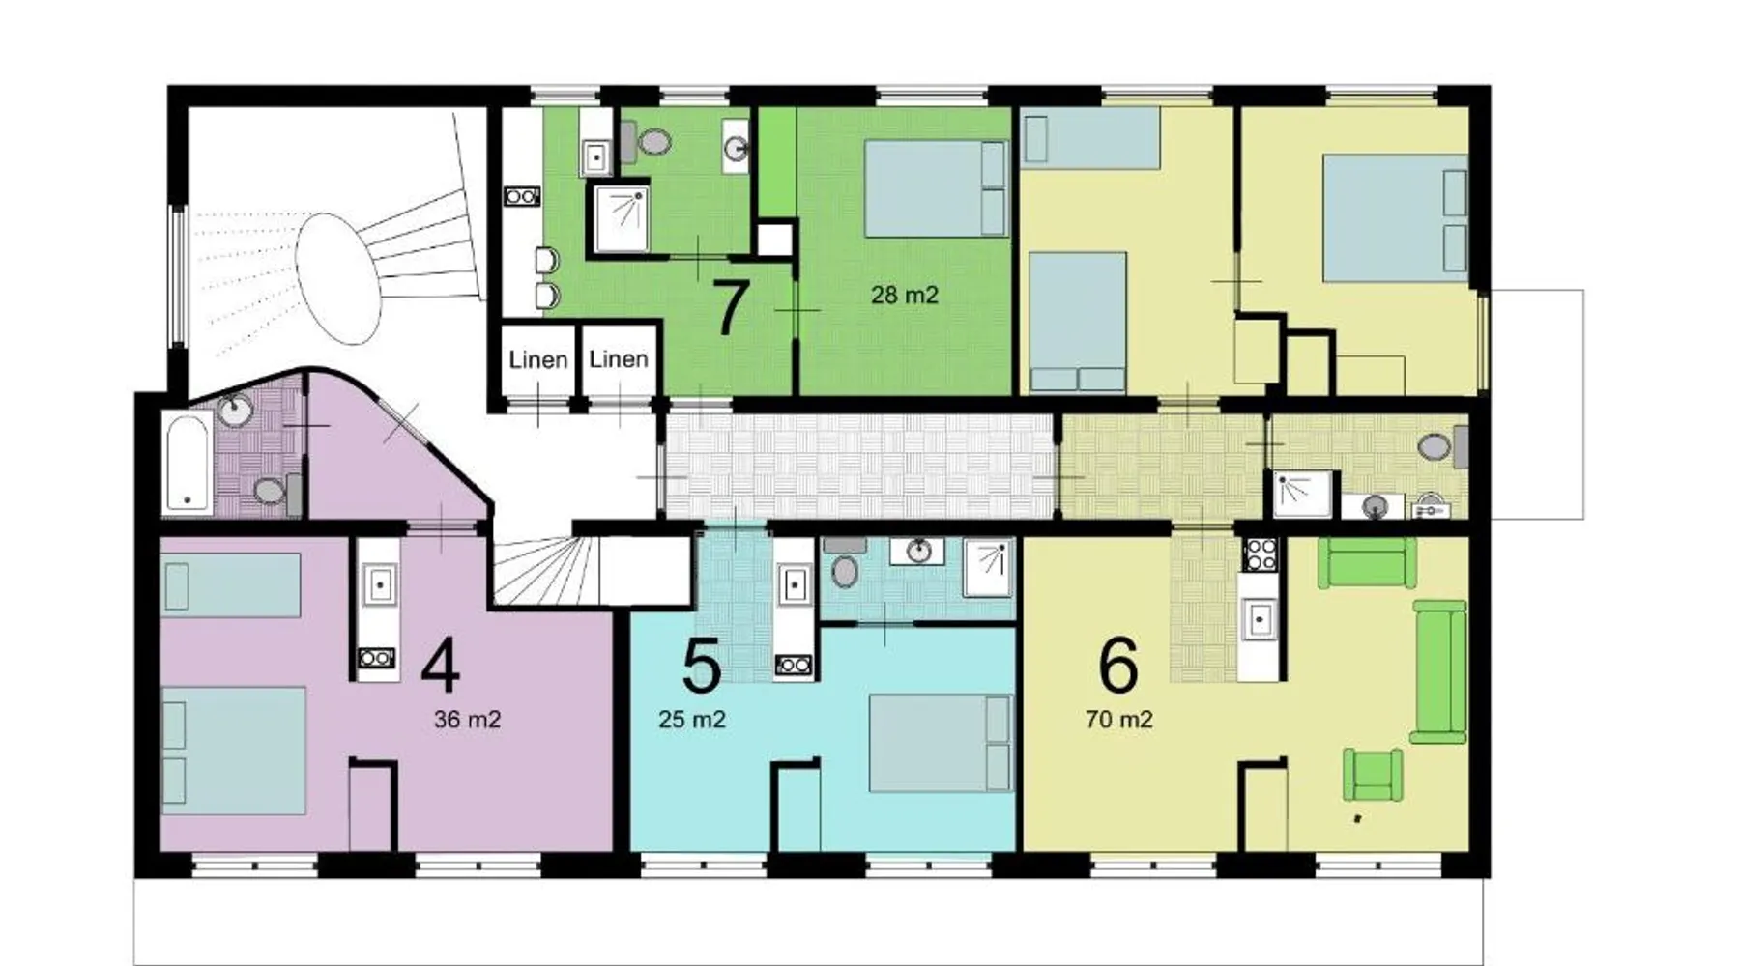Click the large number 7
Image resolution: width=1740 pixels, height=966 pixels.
pos(730,306)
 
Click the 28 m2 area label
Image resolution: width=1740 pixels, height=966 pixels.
pos(905,295)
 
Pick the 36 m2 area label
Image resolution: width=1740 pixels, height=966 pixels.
pos(467,720)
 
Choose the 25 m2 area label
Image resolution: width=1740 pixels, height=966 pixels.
pos(692,720)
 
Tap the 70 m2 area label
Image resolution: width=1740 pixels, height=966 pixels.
pos(1118,720)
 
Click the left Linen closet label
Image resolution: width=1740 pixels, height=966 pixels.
pos(538,360)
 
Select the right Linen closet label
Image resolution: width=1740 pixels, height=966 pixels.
pos(619,359)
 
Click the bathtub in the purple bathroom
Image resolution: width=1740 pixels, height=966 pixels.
pos(188,462)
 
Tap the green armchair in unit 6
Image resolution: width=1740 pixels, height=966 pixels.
pos(1373,775)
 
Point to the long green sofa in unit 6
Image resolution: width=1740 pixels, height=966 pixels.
pos(1439,671)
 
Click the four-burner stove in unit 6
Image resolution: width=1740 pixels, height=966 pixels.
pos(1260,554)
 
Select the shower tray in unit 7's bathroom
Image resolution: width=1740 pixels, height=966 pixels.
pos(621,218)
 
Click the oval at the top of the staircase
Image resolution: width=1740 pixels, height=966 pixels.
pos(337,278)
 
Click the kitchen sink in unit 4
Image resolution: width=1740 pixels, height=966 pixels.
pos(378,584)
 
